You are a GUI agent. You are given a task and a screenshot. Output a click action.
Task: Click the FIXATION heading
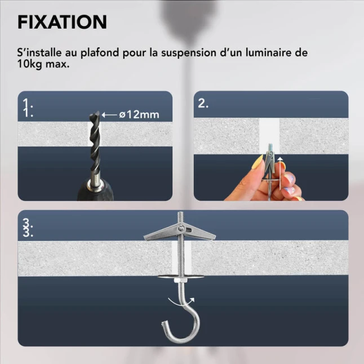pyautogui.click(x=62, y=22)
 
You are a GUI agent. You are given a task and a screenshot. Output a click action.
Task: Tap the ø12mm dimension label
pyautogui.click(x=139, y=115)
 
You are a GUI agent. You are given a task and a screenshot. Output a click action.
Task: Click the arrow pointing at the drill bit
pyautogui.click(x=109, y=115)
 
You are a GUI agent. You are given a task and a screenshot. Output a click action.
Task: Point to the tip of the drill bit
pyautogui.click(x=95, y=113)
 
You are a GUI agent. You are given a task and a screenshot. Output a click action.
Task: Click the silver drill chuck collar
pyautogui.click(x=95, y=182)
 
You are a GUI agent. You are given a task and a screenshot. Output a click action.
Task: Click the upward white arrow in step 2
pyautogui.click(x=281, y=172)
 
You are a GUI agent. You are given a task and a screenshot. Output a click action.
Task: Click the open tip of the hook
pyautogui.click(x=164, y=323)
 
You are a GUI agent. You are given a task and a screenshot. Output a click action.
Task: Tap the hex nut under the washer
pyautogui.click(x=181, y=281)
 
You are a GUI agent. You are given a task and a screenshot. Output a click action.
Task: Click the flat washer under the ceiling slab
pyautogui.click(x=181, y=277)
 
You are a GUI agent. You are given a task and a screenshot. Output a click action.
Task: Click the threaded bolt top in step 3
pyautogui.click(x=181, y=217)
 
